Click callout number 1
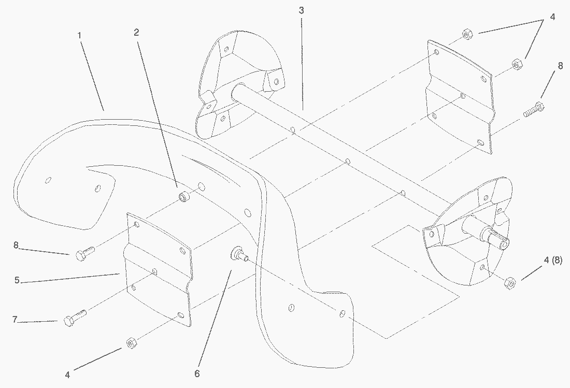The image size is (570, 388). pos(79,35)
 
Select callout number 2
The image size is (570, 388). pos(136,32)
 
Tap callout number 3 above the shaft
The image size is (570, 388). pos(301,10)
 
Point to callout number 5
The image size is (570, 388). pos(17,280)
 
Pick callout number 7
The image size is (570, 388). pos(15,320)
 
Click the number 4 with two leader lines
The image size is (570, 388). pos(552,17)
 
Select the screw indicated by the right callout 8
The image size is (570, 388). pos(533,110)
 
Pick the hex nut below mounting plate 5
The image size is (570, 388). pos(130,342)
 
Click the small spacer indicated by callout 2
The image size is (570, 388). pos(183,197)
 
